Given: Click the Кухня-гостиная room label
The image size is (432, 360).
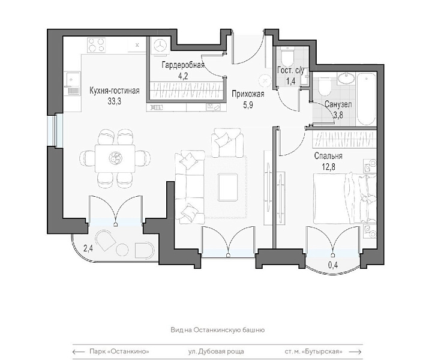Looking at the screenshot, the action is [115, 91].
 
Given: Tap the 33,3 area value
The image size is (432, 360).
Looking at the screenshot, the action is [115, 101].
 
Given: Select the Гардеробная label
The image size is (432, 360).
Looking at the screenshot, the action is [183, 65].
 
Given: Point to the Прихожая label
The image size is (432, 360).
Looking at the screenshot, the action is [248, 94].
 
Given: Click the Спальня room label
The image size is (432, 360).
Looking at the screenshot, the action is [328, 156].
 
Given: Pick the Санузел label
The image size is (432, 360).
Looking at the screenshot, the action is [338, 104].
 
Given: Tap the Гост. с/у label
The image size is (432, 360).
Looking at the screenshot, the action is [290, 71].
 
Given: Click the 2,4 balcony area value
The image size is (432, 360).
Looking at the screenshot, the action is [88, 249].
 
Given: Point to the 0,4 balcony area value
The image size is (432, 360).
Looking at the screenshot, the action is [333, 265].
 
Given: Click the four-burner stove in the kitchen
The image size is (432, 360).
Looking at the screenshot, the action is [97, 45].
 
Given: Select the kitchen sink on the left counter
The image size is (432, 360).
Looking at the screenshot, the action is [72, 83].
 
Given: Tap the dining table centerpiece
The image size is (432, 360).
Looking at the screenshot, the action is [115, 158].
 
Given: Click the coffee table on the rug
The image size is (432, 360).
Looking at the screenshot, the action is [227, 187].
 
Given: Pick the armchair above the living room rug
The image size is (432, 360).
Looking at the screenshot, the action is [227, 142].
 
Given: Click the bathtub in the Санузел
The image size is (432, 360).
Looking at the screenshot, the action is [367, 100].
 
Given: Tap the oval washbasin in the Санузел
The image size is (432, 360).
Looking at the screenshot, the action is [346, 78].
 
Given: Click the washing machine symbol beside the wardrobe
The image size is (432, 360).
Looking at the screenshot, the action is [160, 44].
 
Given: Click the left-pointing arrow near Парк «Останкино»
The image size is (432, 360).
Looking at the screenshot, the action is [79, 352].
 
